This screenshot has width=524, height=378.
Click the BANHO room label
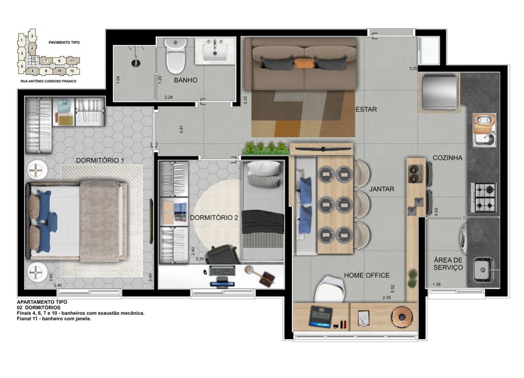(185, 80)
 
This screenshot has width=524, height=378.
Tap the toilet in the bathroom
(176, 56)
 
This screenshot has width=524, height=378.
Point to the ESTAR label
(366, 109)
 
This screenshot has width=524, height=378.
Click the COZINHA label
(447, 158)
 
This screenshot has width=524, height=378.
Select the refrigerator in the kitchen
(439, 92)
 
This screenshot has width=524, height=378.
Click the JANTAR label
(381, 189)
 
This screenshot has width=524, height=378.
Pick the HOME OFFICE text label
(367, 275)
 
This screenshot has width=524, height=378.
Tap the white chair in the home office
(330, 289)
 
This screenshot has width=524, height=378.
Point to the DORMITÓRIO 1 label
(100, 160)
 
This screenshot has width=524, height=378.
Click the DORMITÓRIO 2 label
(214, 218)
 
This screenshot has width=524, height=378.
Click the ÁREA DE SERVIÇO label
(448, 264)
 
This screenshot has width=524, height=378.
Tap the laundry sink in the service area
(482, 270)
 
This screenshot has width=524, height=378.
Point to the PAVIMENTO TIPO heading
(64, 42)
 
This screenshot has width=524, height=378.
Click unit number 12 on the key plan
(72, 71)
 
